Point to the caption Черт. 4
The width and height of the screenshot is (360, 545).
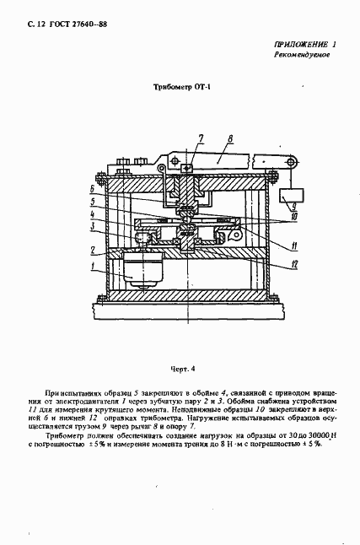180,368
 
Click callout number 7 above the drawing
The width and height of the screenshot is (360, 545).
201,137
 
